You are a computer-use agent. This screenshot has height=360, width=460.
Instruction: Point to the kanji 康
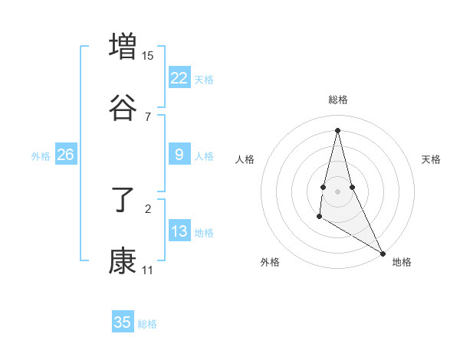(x=123, y=261)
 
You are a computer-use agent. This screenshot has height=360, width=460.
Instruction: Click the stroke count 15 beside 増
(x=147, y=56)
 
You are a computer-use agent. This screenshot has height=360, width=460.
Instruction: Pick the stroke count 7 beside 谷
(x=147, y=116)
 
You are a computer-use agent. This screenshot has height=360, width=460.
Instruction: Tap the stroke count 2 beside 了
(x=147, y=208)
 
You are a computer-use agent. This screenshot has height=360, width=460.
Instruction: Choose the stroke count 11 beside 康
(x=147, y=270)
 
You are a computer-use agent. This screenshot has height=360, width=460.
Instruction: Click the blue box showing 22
(x=179, y=77)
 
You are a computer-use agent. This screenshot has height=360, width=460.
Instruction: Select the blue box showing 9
(x=179, y=155)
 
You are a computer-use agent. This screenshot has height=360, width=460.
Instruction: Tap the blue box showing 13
(x=179, y=231)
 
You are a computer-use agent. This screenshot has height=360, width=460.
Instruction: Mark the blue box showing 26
(x=65, y=155)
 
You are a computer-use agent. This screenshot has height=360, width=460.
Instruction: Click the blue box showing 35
(x=123, y=322)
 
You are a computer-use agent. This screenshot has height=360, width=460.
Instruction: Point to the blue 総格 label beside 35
(x=147, y=324)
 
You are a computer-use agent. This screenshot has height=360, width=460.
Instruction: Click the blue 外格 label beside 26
(x=41, y=156)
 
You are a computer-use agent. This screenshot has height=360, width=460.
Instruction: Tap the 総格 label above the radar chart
(x=337, y=100)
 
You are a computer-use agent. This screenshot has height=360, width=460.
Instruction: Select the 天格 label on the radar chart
(x=431, y=159)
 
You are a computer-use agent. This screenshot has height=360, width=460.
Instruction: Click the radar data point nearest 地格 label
(x=383, y=254)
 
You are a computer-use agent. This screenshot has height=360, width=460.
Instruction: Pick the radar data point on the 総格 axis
(x=337, y=129)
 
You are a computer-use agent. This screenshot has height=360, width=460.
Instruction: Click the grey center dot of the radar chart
(x=337, y=191)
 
